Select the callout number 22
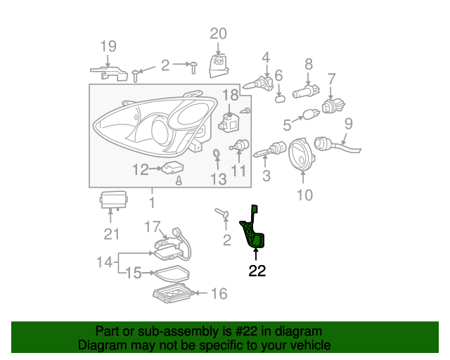(257, 271)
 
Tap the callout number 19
(108, 47)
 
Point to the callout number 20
(219, 33)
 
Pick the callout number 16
(219, 293)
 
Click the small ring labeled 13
(216, 154)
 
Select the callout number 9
(347, 125)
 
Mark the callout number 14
(104, 262)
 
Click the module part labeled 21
(114, 200)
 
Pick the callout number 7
(331, 79)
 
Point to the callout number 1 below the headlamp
(151, 202)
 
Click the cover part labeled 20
(219, 63)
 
